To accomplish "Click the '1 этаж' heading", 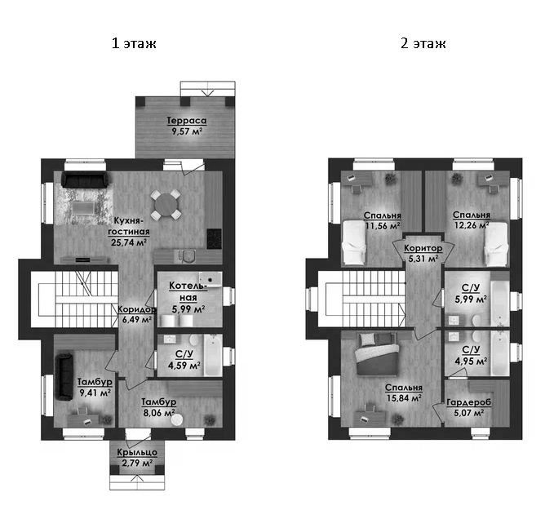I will (134, 43).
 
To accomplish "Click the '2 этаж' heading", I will (423, 43).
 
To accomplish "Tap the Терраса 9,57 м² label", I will (186, 125).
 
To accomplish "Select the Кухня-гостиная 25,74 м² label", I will (130, 231).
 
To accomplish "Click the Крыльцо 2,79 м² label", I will (136, 458).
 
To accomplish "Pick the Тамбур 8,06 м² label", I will (158, 407).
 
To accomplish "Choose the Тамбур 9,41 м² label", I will (94, 387).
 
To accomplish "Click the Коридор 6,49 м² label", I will (135, 315).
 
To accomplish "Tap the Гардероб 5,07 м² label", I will (467, 407).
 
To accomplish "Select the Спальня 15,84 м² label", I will (404, 393).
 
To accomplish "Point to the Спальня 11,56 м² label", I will (383, 220).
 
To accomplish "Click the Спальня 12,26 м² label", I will (471, 220).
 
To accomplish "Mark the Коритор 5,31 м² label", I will (423, 253).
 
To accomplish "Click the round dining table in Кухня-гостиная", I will (166, 203).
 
